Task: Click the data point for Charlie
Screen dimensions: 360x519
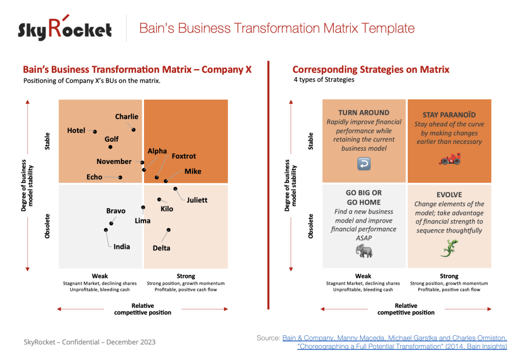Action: pos(133,129)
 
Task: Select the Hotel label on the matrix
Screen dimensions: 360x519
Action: pos(76,131)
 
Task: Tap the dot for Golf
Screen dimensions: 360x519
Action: pos(110,147)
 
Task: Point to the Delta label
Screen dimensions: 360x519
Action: pos(161,248)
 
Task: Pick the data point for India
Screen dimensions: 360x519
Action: pos(106,230)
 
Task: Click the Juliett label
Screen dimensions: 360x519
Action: pos(197,200)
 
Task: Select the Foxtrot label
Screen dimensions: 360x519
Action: pos(184,156)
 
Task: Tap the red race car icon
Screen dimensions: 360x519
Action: pos(449,160)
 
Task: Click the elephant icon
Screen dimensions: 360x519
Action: pos(363,251)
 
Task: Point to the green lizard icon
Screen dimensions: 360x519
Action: pos(449,247)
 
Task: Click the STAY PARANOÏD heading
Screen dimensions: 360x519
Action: pos(449,114)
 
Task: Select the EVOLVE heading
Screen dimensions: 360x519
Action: pos(449,194)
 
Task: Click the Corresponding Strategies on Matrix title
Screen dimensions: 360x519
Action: pos(370,70)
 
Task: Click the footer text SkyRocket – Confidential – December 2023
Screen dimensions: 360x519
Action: pos(90,342)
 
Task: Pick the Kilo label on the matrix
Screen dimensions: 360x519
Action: pos(167,209)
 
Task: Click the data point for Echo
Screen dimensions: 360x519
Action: pos(120,178)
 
